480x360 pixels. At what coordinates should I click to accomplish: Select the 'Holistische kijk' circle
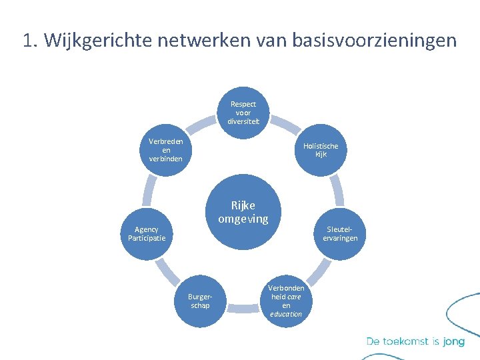320,151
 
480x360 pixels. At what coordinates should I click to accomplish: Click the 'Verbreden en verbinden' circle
166,151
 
